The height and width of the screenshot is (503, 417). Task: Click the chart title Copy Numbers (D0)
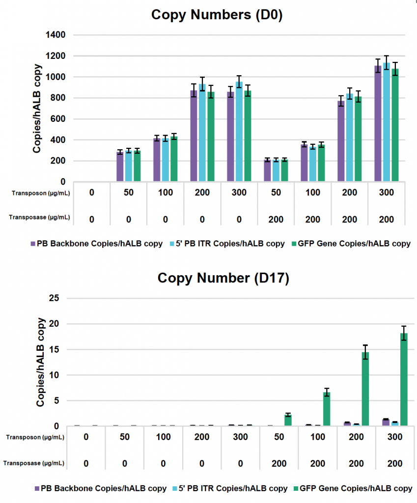click(217, 14)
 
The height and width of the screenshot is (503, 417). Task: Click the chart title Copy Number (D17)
click(223, 278)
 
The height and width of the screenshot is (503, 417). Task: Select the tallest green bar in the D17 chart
click(403, 380)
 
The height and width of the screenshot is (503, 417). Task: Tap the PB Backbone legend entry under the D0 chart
click(96, 244)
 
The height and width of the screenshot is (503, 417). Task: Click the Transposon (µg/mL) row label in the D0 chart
click(41, 193)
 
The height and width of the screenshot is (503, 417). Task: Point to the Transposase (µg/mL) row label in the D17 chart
click(34, 463)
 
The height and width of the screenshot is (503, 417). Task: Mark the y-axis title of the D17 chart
click(40, 362)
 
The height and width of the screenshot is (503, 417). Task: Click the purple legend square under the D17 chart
click(37, 488)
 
